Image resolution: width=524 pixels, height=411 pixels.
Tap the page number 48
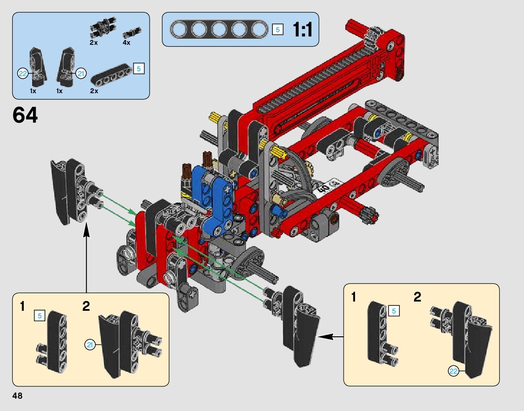[17, 396]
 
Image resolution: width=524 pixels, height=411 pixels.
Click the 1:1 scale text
[302, 29]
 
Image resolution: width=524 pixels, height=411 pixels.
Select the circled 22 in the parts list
[23, 73]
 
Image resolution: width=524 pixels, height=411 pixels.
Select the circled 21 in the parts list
[81, 73]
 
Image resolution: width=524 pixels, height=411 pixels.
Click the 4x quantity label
[126, 43]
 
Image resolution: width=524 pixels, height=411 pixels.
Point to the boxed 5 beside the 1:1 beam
[278, 29]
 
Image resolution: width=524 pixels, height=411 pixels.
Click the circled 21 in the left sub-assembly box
[90, 345]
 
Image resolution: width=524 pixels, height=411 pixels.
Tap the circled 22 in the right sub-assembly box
[454, 371]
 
